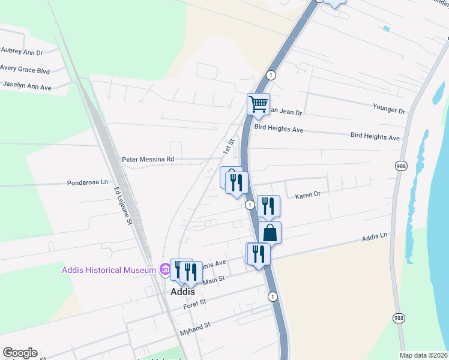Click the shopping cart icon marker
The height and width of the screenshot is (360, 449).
(x=259, y=104)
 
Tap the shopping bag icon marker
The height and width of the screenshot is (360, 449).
(x=270, y=233)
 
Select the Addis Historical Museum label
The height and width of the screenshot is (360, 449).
(x=109, y=271)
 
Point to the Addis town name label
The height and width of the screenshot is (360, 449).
(x=182, y=291)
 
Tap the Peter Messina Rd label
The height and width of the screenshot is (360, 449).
(x=148, y=160)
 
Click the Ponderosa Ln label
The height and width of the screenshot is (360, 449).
(x=87, y=182)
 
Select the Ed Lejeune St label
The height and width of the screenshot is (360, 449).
(x=122, y=206)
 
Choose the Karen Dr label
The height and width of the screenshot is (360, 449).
(x=308, y=195)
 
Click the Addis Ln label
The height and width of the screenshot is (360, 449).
(x=375, y=238)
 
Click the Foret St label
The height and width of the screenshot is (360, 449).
(x=194, y=304)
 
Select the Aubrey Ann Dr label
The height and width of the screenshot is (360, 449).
(x=22, y=52)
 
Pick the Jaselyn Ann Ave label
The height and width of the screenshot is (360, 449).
(x=27, y=86)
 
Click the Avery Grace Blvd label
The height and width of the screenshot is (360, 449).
(x=25, y=70)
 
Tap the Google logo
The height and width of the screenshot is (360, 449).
(x=20, y=353)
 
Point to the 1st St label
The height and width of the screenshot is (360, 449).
(x=229, y=145)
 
